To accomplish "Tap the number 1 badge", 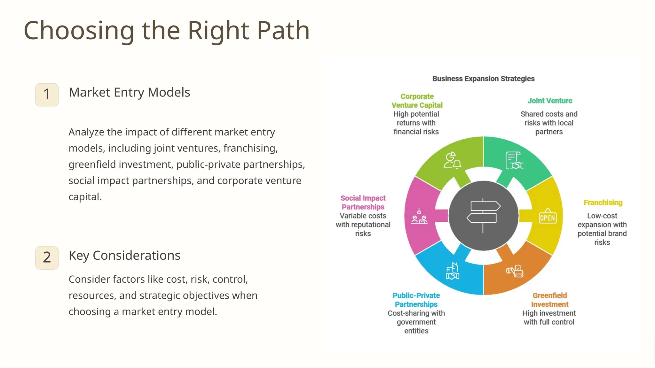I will click(x=47, y=95).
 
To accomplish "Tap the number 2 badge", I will click(x=47, y=257).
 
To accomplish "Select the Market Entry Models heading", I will click(x=129, y=92).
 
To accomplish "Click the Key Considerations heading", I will click(x=124, y=256).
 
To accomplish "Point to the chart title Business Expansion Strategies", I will click(x=483, y=79).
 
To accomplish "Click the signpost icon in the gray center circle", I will click(x=483, y=216).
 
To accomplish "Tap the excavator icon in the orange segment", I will click(x=515, y=271).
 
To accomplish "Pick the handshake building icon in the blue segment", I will click(x=453, y=271).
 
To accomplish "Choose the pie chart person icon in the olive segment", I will click(x=452, y=160).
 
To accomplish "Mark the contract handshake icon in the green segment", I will click(x=514, y=160).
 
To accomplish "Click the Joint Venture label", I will click(x=550, y=101).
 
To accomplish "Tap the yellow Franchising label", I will click(x=603, y=203).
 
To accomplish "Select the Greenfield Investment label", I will click(x=549, y=300).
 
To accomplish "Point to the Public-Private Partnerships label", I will click(x=416, y=300).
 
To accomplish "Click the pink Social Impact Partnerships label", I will click(x=363, y=203).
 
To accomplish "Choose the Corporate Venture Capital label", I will click(x=417, y=101).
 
